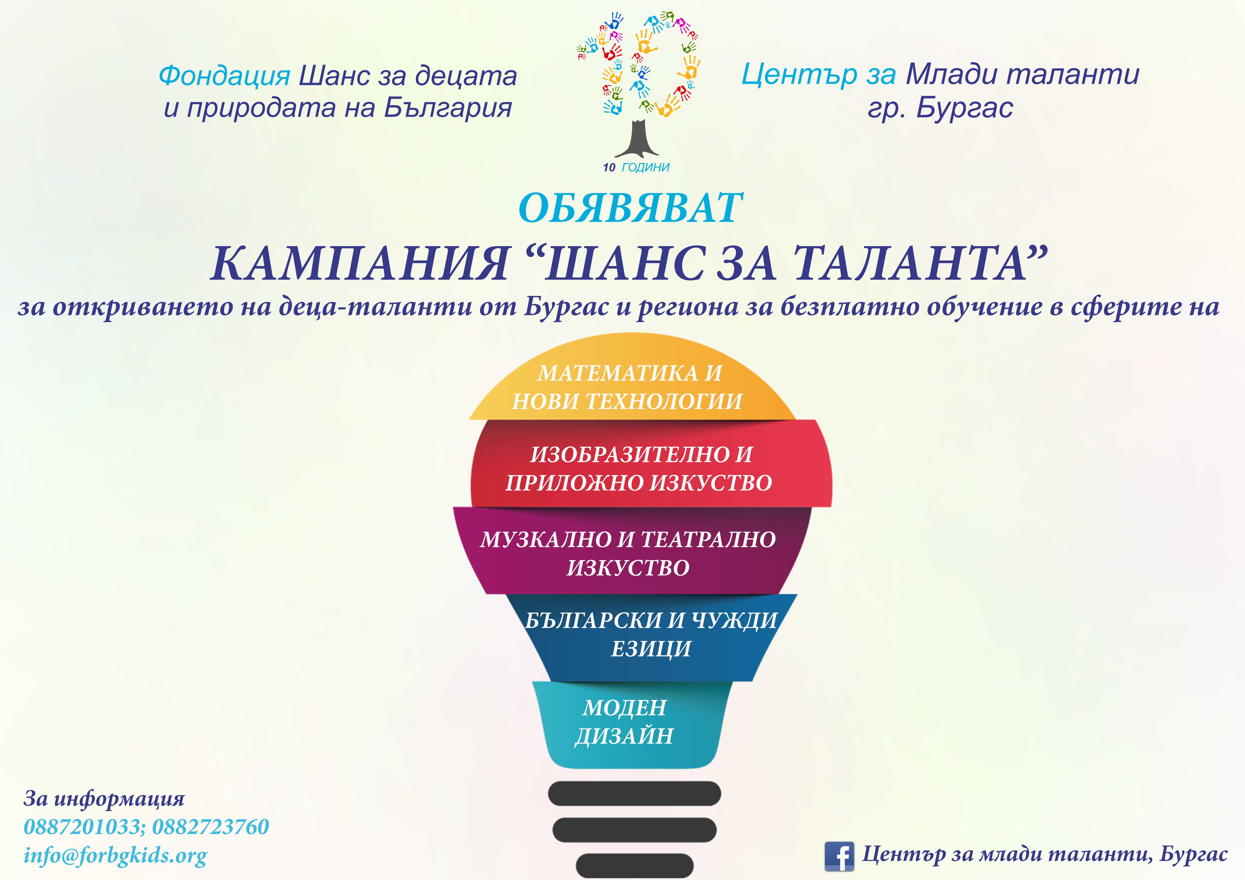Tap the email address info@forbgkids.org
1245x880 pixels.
pos(115,856)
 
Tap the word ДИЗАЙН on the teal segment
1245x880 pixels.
pos(624,736)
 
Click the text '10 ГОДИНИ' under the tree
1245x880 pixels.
pos(636,167)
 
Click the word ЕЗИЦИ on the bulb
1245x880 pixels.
pos(651,649)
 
